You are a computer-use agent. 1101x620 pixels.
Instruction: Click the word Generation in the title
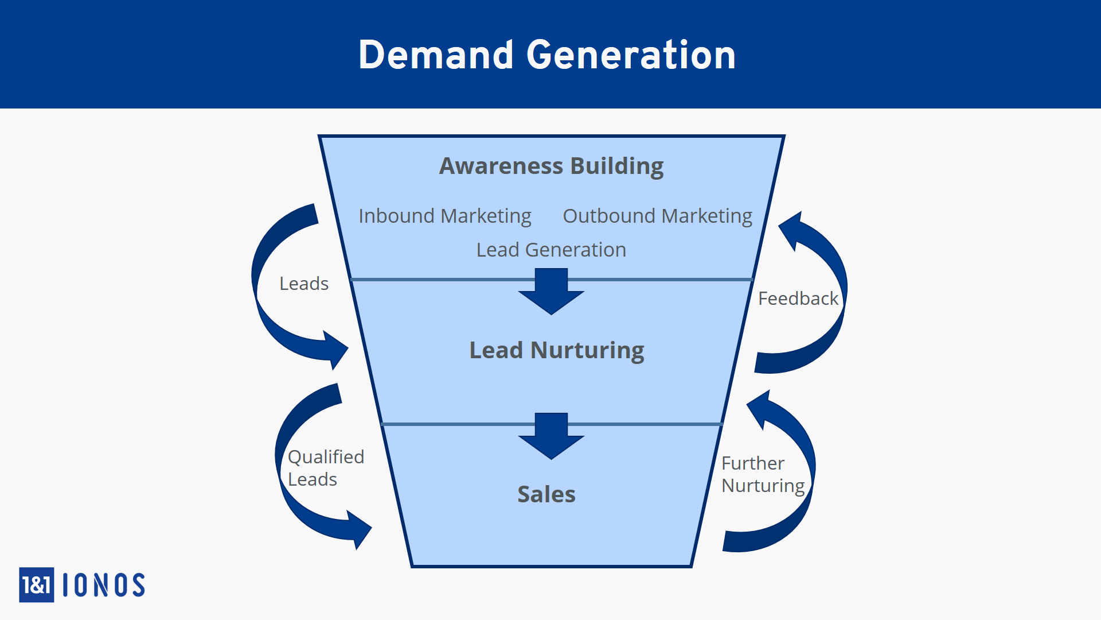click(631, 55)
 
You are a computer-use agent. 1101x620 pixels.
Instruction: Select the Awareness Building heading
click(551, 166)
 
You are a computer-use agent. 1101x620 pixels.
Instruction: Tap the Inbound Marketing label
click(444, 216)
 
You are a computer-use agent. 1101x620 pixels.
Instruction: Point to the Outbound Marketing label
click(657, 216)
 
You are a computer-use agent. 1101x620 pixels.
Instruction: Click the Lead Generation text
click(551, 250)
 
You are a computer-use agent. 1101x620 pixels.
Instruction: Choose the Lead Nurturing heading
click(556, 350)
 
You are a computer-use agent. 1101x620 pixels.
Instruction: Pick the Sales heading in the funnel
click(546, 494)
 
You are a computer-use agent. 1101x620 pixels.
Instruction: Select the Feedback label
click(798, 299)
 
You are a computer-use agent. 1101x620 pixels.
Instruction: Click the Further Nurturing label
click(763, 474)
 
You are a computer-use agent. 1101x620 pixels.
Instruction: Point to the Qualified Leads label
click(326, 468)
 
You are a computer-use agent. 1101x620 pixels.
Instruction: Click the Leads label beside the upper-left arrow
click(303, 284)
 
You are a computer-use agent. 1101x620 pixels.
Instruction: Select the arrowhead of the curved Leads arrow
click(335, 349)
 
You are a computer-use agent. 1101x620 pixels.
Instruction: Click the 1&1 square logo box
click(37, 584)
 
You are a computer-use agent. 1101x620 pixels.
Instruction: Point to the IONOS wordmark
click(103, 585)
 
